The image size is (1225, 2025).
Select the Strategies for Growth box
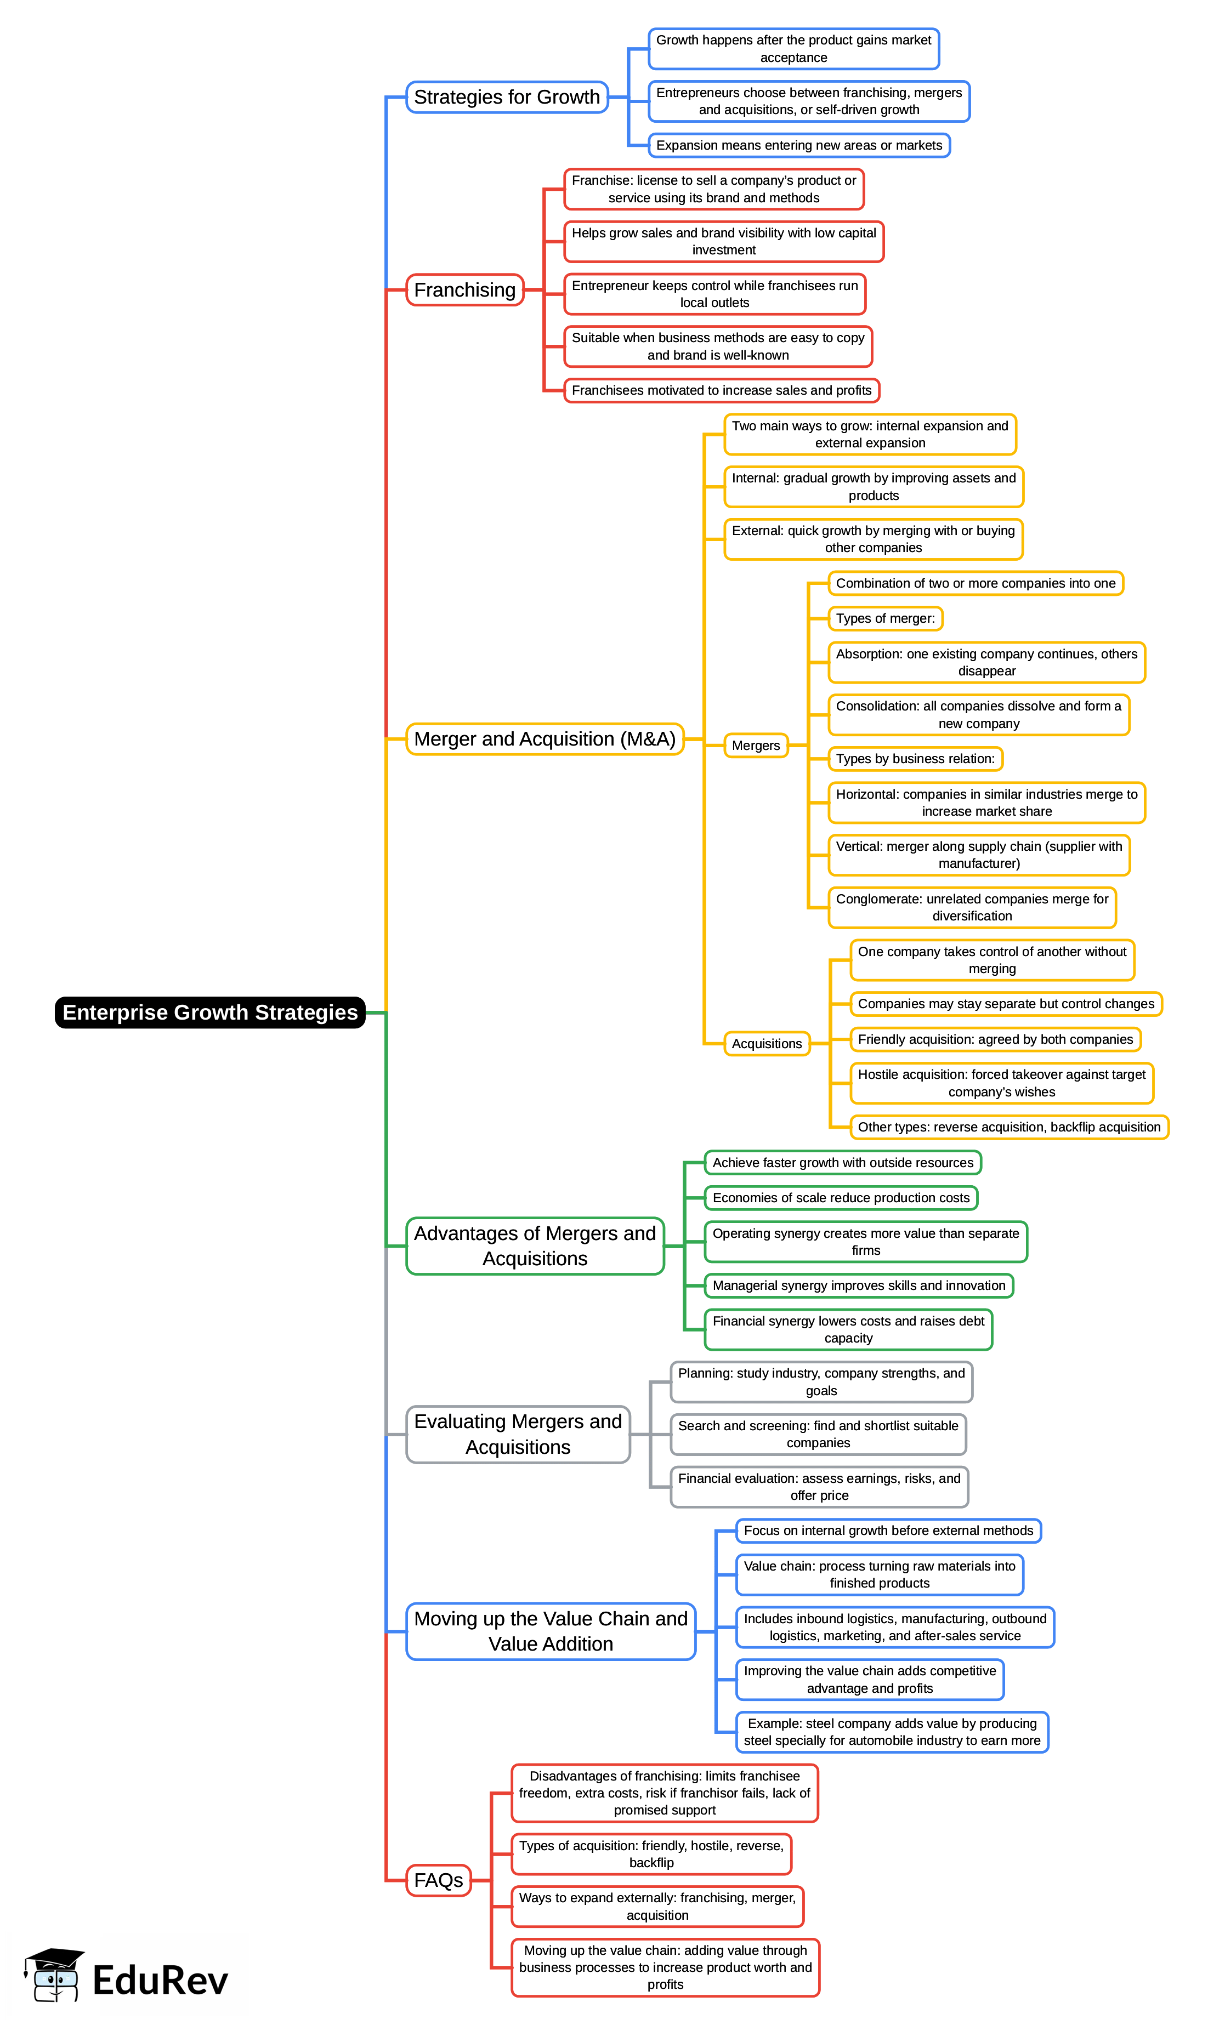click(x=507, y=97)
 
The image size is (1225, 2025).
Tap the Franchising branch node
click(x=464, y=290)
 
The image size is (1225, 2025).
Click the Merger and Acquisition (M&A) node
click(x=545, y=739)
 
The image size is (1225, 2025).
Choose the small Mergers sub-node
click(x=756, y=746)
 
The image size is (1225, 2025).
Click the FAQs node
click(x=438, y=1880)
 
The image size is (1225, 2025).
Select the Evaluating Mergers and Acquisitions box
click(x=518, y=1434)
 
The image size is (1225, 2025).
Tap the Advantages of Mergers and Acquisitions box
click(x=535, y=1246)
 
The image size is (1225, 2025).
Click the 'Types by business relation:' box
click(x=915, y=759)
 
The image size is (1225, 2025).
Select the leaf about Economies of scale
click(x=841, y=1197)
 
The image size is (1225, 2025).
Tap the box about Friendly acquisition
click(x=995, y=1039)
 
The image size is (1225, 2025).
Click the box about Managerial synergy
click(x=858, y=1285)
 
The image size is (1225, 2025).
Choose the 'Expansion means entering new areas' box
click(x=798, y=145)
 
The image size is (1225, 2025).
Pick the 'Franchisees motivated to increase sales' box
click(x=721, y=390)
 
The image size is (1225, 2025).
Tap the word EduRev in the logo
click(x=160, y=1980)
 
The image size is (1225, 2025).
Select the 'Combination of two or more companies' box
click(x=975, y=583)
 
